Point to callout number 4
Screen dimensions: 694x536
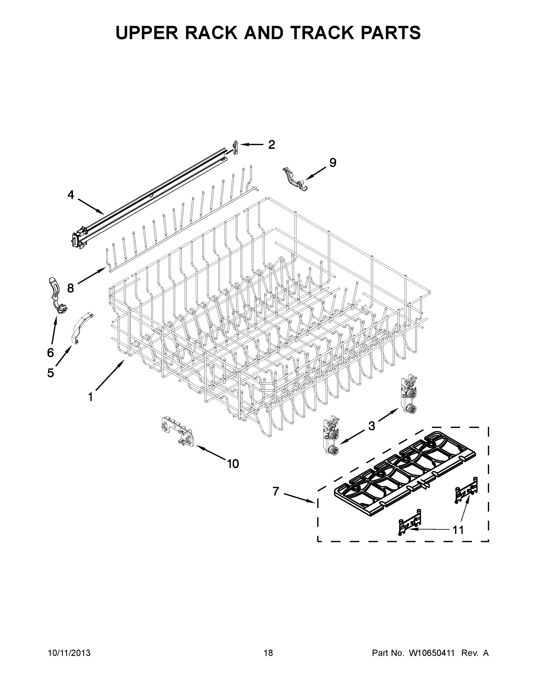(71, 195)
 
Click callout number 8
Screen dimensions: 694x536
(71, 288)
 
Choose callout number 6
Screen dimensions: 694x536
(51, 352)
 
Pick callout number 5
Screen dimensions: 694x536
(51, 373)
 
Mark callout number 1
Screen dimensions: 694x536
(90, 397)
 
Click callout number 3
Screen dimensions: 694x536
(372, 426)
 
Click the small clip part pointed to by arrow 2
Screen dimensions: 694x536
(235, 148)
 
